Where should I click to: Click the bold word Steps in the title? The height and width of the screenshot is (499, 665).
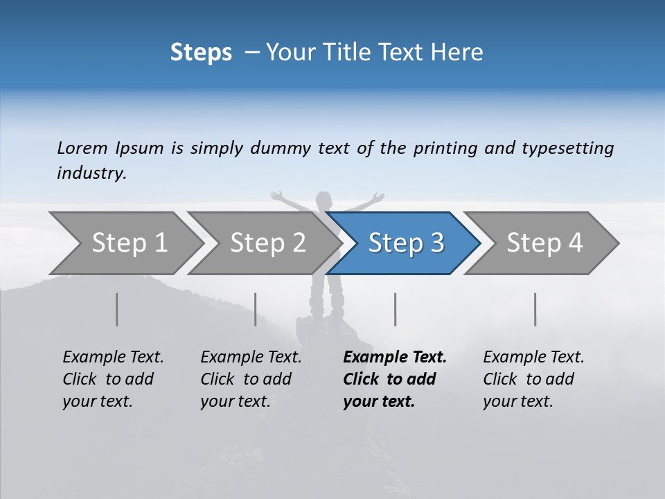tap(201, 53)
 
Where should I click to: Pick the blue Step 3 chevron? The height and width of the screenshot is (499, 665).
tap(406, 243)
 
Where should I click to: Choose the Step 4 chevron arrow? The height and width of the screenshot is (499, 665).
tap(544, 243)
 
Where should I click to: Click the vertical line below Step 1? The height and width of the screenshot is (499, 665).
tap(117, 309)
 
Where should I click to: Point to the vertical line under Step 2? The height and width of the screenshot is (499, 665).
tap(256, 309)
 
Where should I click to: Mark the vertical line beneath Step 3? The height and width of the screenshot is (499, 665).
tap(395, 309)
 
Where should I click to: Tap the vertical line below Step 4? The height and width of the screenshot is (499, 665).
tap(535, 309)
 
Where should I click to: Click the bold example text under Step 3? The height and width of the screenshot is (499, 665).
tap(395, 379)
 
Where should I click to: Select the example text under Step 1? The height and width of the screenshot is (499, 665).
tap(113, 379)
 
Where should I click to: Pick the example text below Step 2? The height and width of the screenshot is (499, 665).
tap(251, 379)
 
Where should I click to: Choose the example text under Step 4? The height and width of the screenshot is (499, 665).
tap(533, 379)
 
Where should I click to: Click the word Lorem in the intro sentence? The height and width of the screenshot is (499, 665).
tap(82, 148)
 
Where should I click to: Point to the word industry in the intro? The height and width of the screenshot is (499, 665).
tap(91, 173)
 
